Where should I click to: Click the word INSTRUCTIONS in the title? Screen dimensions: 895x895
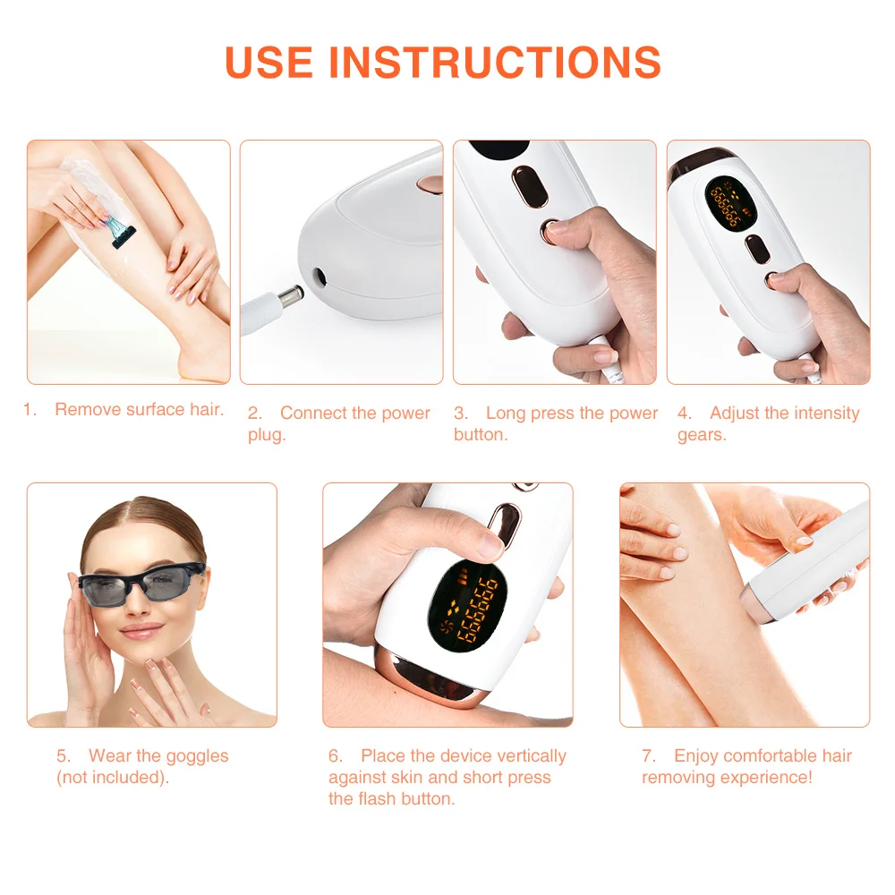coord(495,61)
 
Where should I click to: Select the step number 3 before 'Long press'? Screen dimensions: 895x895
coord(460,413)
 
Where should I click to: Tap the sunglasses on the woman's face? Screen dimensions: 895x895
coord(142,586)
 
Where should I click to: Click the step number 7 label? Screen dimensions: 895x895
coord(649,756)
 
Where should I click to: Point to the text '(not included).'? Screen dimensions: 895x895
coord(113,778)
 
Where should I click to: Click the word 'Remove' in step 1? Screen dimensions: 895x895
coord(87,410)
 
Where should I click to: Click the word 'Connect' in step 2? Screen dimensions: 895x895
coord(313,413)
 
